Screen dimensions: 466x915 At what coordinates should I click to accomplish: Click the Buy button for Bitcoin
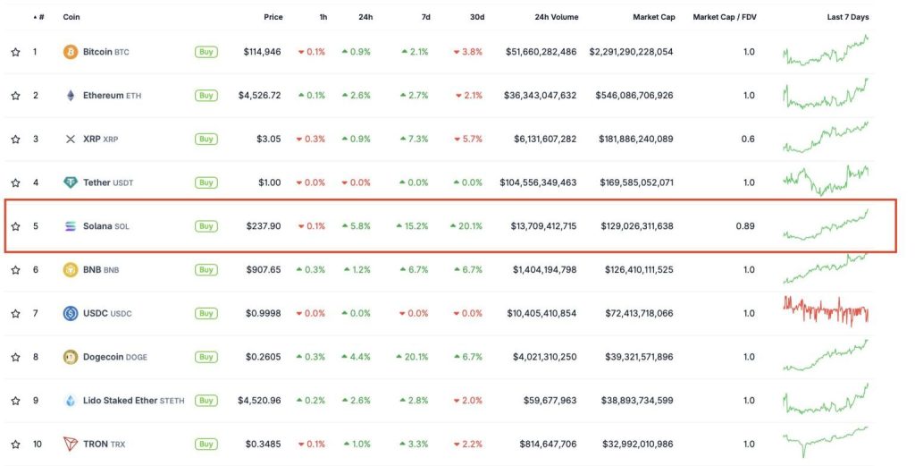coord(206,52)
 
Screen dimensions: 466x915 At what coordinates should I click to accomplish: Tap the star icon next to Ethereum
coord(15,96)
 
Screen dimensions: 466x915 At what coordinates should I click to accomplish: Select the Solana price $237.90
coord(264,226)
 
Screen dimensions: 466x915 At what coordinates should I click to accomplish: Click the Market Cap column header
coord(653,17)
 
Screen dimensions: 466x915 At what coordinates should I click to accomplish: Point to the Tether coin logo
coord(71,182)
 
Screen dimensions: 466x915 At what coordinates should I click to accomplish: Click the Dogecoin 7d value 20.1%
coord(416,357)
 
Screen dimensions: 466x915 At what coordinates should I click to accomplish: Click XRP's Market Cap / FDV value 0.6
coord(748,139)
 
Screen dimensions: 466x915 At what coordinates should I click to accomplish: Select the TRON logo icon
coord(71,444)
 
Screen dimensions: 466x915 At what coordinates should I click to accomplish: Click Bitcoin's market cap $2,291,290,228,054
coord(631,52)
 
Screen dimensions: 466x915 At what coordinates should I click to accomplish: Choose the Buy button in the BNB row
coord(206,269)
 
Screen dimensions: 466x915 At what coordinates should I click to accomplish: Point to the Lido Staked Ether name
coord(120,401)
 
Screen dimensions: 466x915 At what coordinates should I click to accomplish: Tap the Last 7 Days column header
coord(847,17)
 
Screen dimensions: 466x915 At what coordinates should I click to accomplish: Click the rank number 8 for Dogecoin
coord(36,357)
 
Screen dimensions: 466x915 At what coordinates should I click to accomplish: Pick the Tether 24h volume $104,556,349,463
coord(538,182)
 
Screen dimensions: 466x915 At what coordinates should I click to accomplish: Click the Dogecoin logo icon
coord(71,357)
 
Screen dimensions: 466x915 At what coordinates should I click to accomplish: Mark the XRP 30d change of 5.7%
coord(469,139)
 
